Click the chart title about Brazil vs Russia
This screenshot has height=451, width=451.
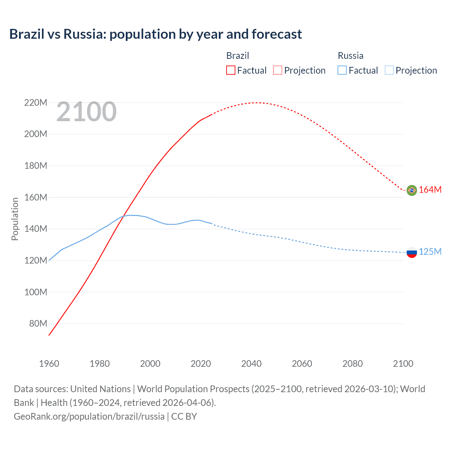(155, 34)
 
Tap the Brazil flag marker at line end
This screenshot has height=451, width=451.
(412, 190)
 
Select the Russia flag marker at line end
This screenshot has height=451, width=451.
(412, 252)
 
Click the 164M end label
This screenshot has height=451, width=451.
(430, 190)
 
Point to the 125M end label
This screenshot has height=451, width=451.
(430, 252)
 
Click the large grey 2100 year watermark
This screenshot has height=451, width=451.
(86, 112)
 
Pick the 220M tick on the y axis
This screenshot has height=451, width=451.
(36, 103)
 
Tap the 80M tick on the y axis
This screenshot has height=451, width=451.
(38, 323)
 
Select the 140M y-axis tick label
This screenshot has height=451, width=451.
(36, 229)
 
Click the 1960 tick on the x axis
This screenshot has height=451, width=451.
(49, 364)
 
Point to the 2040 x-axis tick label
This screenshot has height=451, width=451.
(251, 364)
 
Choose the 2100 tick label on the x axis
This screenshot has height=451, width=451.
(403, 364)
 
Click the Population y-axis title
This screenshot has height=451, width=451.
(15, 219)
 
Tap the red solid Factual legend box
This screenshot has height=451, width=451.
(230, 70)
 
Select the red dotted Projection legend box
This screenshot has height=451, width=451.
(278, 70)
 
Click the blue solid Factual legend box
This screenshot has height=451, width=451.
(342, 70)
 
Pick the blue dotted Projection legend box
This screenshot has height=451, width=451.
(389, 70)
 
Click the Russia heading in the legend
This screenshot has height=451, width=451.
(350, 56)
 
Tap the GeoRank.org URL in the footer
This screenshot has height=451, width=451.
(89, 416)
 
